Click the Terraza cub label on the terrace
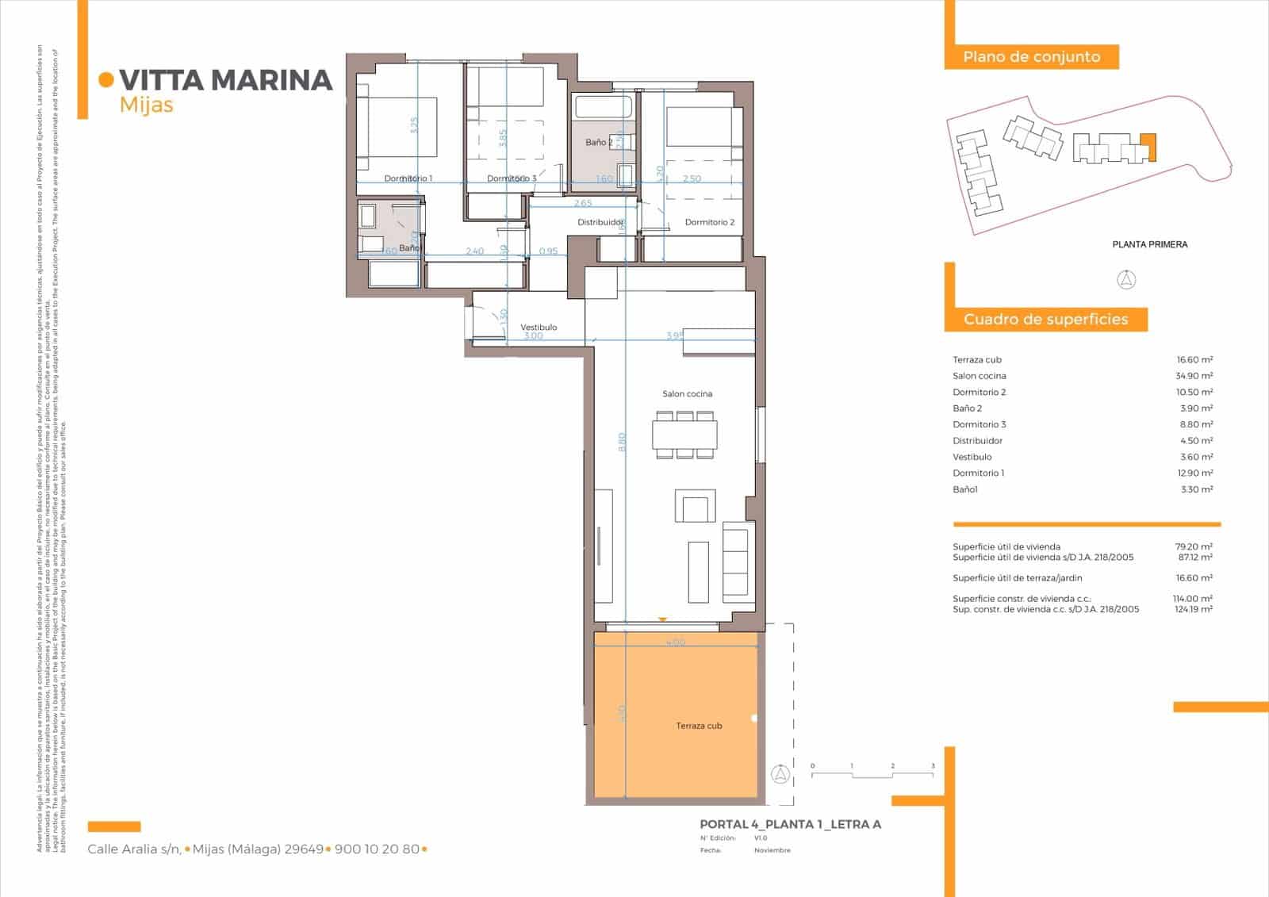coord(699,726)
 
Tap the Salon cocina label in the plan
coord(687,394)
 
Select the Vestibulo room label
coord(539,327)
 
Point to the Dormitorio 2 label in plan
coord(709,222)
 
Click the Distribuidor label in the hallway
coord(600,222)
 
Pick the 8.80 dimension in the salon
coord(623,442)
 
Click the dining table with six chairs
coord(684,435)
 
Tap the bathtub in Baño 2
coord(603,106)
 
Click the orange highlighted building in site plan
coord(1148,147)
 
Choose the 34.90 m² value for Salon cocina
coord(1194,376)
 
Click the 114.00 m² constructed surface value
coord(1193,599)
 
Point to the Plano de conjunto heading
coord(1031,57)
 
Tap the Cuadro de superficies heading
coord(1045,320)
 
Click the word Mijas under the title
coord(146,105)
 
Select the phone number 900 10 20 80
coord(377,849)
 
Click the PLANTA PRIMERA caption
coord(1149,244)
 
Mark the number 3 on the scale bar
coord(933,766)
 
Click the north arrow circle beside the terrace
coord(780,774)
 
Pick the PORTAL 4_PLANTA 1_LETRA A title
coord(790,825)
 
